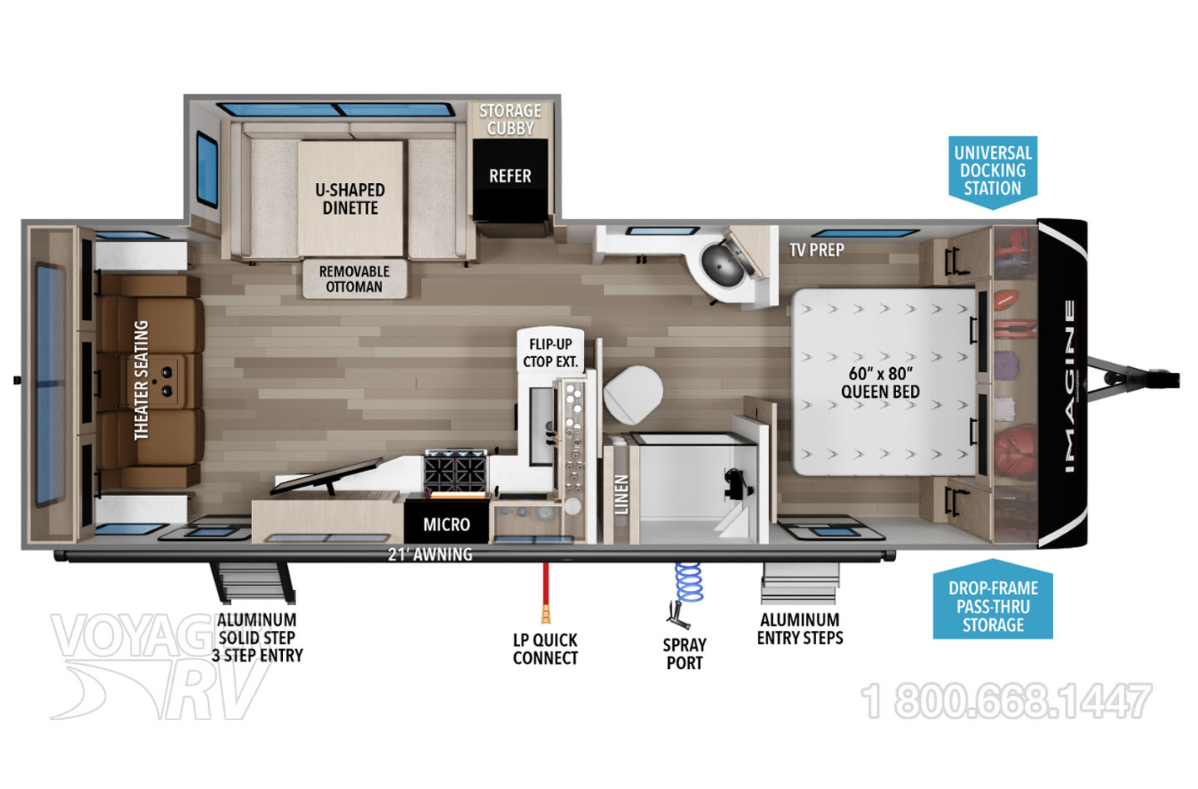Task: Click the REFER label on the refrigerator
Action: pos(510,176)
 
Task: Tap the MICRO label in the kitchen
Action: pos(446,524)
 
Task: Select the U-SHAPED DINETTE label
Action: pos(350,199)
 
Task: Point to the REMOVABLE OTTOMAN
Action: pos(354,279)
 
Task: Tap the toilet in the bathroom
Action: pos(632,395)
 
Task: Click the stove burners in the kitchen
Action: pos(455,470)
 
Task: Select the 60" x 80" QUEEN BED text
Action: pos(880,382)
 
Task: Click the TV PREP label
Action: pos(816,250)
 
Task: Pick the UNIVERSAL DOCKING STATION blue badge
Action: pos(993,171)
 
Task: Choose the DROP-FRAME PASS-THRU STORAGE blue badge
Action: pos(993,606)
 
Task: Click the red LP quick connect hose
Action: pos(546,591)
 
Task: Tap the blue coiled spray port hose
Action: pos(688,583)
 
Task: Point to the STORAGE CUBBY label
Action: pos(510,119)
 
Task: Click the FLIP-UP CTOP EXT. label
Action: pos(550,353)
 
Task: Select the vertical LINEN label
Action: pos(621,494)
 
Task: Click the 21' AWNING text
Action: pos(430,554)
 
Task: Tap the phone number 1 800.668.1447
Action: pos(1007,701)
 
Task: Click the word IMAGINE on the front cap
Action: pos(1069,386)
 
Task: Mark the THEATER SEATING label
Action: pos(141,380)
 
